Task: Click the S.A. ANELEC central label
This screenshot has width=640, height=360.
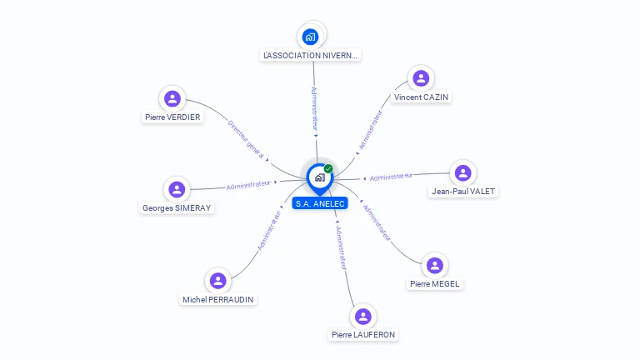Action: [x=319, y=203]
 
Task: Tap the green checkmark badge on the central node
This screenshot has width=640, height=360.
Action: [x=328, y=169]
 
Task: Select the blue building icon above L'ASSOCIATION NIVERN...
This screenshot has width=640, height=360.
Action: [x=311, y=37]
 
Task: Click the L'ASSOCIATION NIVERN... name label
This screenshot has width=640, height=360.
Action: [x=311, y=56]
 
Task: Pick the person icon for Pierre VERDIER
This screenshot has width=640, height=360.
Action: [x=172, y=99]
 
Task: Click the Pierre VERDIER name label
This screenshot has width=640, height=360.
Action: [x=172, y=117]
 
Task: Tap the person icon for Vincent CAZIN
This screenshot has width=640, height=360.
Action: [x=421, y=78]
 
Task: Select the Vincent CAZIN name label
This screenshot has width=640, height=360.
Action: [x=422, y=97]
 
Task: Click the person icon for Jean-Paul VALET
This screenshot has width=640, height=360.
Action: [x=462, y=173]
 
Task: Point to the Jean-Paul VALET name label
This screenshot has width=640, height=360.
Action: [x=463, y=192]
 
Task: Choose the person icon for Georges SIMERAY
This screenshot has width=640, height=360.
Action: [x=177, y=189]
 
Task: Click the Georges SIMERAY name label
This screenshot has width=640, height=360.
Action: [x=177, y=208]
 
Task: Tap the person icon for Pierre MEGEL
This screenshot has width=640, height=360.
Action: [x=434, y=266]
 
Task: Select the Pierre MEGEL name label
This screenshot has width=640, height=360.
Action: [x=435, y=284]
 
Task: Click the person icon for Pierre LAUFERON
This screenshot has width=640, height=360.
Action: [x=362, y=317]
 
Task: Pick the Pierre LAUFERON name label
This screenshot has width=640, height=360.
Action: [x=363, y=335]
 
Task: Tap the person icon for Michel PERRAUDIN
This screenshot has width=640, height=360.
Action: [x=218, y=281]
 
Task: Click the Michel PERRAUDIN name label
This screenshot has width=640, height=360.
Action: [x=218, y=299]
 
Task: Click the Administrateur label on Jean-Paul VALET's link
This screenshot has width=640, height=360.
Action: [x=392, y=177]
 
